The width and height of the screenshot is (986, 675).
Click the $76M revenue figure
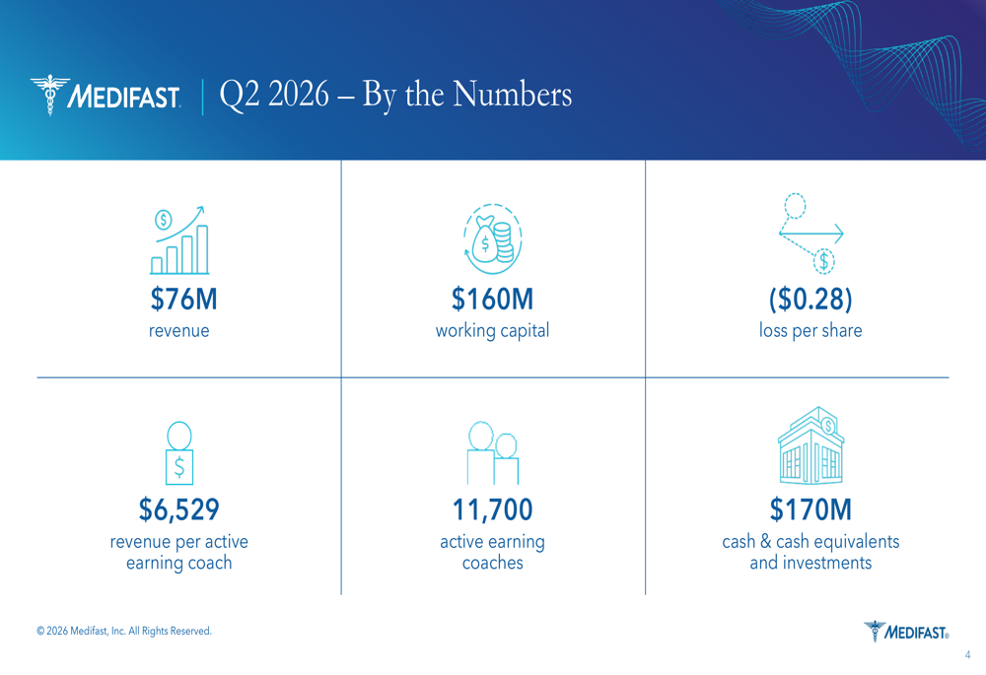183,299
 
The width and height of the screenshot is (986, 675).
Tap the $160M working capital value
492,299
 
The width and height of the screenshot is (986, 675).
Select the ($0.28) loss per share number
810,300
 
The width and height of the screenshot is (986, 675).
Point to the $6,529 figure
179,509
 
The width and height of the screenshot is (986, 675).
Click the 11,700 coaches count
492,509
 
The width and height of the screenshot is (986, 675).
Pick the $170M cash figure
810,509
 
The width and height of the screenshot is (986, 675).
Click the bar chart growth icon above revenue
179,240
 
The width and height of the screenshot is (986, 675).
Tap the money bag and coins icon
493,238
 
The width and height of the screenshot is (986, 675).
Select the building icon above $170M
811,445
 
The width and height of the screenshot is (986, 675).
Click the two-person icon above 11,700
493,452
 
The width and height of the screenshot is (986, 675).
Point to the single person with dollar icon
179,452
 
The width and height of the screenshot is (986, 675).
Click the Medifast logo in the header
106,95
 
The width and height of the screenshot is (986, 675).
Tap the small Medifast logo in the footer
906,631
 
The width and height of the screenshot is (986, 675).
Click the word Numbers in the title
513,95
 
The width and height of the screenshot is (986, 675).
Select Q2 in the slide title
239,96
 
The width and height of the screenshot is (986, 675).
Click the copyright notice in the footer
124,631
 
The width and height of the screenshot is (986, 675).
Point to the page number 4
968,655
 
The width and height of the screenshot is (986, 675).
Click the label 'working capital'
492,330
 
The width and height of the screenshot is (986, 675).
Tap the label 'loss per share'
810,330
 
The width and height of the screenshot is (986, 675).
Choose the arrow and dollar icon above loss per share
811,234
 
